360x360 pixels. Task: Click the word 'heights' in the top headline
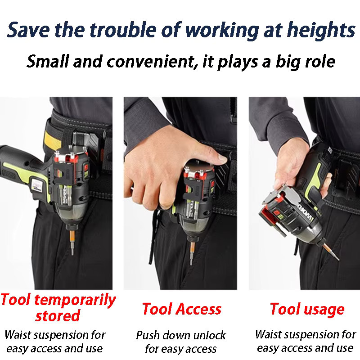pyautogui.click(x=321, y=31)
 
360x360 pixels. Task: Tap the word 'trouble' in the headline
pyautogui.click(x=123, y=30)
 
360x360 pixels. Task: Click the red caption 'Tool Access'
pyautogui.click(x=182, y=309)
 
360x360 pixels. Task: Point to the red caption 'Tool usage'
pyautogui.click(x=307, y=310)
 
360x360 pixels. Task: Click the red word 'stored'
pyautogui.click(x=58, y=316)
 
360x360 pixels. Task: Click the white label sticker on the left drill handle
pyautogui.click(x=37, y=185)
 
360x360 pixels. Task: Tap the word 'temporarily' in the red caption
pyautogui.click(x=75, y=300)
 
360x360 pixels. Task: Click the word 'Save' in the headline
pyautogui.click(x=28, y=30)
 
